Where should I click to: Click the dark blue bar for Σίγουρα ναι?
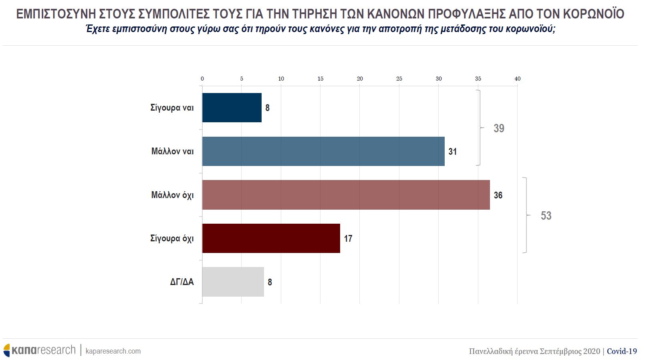point(232,108)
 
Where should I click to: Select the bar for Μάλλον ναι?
point(323,152)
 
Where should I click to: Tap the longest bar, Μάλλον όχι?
point(346,195)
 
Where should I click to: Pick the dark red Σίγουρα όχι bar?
point(271,239)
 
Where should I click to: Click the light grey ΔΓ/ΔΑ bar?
point(233,282)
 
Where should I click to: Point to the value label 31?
point(453,152)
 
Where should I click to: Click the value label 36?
point(498,195)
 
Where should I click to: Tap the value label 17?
point(348,239)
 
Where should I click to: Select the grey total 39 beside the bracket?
point(499,128)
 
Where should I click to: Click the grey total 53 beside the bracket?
point(546,216)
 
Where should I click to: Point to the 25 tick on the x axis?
point(399,79)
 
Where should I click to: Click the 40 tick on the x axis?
point(517,79)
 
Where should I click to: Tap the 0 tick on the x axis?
point(202,79)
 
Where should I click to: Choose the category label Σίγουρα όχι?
point(172,239)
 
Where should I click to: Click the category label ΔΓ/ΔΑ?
point(182,282)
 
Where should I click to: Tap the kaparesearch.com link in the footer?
point(113,351)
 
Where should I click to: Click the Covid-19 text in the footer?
point(622,351)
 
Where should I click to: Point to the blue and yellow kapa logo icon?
point(7,350)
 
